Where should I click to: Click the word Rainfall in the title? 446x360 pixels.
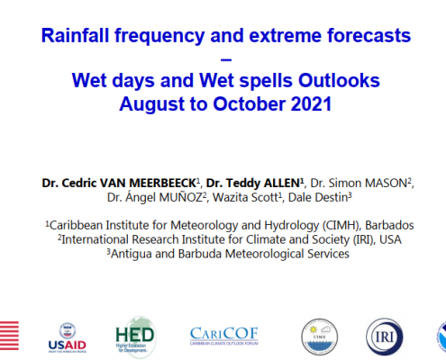(75, 35)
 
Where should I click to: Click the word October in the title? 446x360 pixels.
(249, 103)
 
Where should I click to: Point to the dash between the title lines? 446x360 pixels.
(226, 59)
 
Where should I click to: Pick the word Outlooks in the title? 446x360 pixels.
(339, 80)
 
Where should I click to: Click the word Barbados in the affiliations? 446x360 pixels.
(389, 225)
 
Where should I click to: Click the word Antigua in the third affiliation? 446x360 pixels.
(131, 254)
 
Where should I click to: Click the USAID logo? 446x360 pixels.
(68, 337)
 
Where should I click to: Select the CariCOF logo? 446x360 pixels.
(224, 336)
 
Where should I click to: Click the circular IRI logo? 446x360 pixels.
(385, 337)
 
